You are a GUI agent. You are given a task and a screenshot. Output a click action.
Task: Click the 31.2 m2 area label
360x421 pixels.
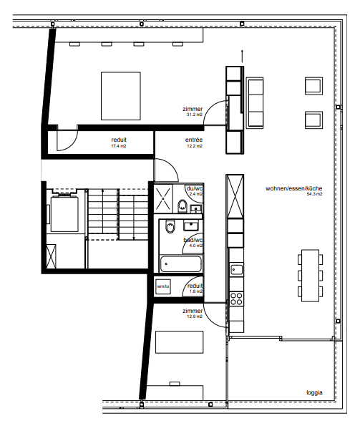tap(193, 114)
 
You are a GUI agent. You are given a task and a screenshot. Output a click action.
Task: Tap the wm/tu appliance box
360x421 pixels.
tap(162, 286)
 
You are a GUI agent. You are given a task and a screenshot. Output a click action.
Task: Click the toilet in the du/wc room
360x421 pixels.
tap(183, 207)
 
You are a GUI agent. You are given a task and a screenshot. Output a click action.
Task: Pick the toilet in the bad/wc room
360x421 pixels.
tap(169, 228)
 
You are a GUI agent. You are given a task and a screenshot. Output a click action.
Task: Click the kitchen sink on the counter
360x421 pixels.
tap(237, 271)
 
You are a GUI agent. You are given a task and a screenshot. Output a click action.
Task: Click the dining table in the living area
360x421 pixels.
tap(311, 273)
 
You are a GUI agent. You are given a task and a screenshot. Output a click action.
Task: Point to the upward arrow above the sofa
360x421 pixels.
tap(243, 54)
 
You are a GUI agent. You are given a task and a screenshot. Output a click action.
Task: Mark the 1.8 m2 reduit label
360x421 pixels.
tap(195, 289)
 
